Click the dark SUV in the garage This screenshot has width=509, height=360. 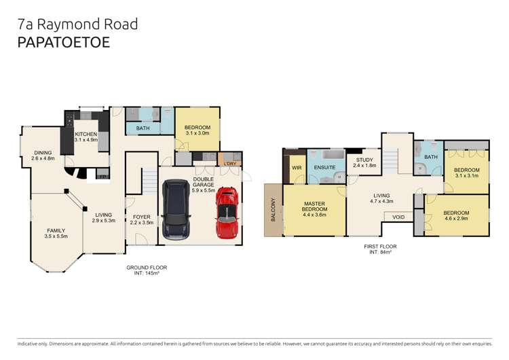pos(177,210)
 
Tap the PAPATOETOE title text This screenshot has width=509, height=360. pos(64,41)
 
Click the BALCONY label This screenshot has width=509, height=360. pos(274,209)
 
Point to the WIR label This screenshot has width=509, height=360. pos(297,167)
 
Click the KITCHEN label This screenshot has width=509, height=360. pos(87,134)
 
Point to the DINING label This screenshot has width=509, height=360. pos(43,153)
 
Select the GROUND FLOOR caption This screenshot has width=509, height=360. pos(146,268)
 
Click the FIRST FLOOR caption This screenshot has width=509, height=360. pos(379,246)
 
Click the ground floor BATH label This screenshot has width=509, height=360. pos(143,128)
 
